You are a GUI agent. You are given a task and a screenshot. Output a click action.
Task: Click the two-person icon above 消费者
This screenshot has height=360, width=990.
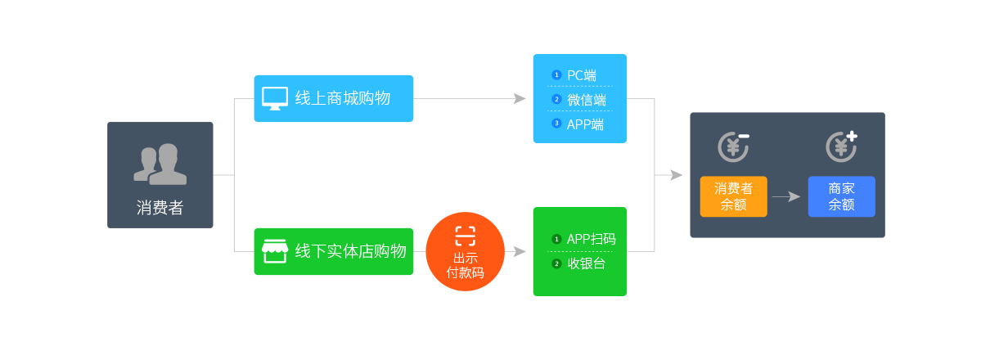(160, 164)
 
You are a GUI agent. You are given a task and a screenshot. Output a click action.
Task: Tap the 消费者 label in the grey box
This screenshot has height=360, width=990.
(160, 208)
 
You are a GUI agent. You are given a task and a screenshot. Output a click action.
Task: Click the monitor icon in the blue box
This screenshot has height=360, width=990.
(274, 98)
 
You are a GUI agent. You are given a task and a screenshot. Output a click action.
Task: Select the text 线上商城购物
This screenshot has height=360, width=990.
(342, 98)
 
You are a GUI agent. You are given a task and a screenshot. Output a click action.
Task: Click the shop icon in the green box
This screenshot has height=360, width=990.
(274, 251)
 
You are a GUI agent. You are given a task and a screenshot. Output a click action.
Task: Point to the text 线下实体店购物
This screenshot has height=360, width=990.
(350, 251)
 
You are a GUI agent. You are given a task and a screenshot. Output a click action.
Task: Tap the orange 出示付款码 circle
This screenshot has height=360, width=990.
(465, 252)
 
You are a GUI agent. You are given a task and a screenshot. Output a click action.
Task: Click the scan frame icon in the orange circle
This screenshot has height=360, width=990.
(465, 236)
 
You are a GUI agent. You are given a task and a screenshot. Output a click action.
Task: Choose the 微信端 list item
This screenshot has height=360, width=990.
(586, 100)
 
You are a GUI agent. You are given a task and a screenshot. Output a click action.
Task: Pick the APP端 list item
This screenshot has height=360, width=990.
(585, 124)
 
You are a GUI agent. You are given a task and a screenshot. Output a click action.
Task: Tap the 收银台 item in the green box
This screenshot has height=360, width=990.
(586, 263)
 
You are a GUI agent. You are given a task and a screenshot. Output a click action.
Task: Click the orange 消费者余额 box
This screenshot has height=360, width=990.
(733, 196)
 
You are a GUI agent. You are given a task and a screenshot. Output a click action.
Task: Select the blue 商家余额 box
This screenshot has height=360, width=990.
(841, 196)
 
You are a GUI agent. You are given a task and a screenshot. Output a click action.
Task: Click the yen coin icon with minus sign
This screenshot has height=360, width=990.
(733, 146)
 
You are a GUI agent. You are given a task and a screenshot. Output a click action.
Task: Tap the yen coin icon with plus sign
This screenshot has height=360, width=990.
(841, 146)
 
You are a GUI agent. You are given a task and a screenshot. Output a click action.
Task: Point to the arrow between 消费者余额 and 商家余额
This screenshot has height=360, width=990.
(786, 196)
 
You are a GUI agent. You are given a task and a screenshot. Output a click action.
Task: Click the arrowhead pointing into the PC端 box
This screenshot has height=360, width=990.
(520, 98)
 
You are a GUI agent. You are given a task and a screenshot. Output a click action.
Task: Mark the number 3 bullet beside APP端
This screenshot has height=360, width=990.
(556, 124)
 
